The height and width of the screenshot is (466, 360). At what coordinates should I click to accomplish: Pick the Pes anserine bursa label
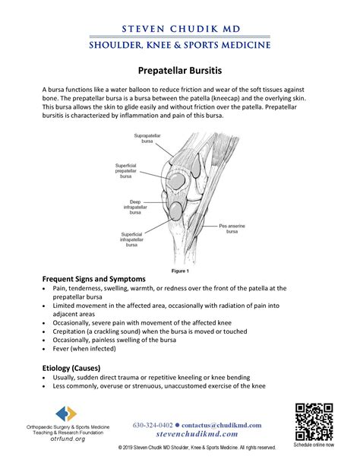click(x=232, y=228)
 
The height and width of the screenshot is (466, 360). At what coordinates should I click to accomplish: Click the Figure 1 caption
click(x=180, y=271)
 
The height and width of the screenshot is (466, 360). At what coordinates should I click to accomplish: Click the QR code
click(x=314, y=421)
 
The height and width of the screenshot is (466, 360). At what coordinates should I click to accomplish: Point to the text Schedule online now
click(x=314, y=445)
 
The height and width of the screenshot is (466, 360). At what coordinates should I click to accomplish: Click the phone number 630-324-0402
click(x=153, y=425)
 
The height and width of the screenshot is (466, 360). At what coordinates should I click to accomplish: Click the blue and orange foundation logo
click(x=67, y=414)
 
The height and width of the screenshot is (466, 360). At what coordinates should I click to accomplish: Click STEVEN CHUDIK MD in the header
click(x=180, y=29)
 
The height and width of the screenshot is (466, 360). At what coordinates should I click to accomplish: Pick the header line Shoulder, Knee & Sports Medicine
click(x=180, y=46)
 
